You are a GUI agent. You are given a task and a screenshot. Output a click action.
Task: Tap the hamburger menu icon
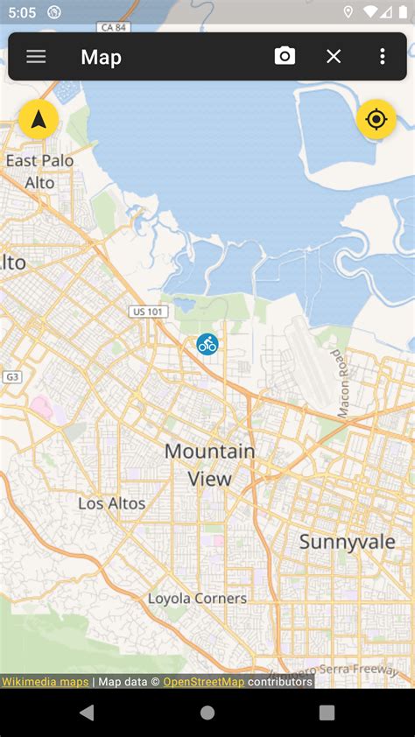(x=36, y=57)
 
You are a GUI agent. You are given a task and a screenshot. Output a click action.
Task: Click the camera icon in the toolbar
(x=285, y=57)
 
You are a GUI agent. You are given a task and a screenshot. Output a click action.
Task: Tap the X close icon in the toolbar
(x=334, y=57)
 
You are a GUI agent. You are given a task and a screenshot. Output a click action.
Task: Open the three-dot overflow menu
(x=383, y=57)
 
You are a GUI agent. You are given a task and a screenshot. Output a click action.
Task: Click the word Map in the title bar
(x=101, y=57)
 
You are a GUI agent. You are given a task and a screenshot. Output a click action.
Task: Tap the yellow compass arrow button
(x=39, y=120)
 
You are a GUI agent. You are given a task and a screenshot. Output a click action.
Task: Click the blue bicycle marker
(x=207, y=344)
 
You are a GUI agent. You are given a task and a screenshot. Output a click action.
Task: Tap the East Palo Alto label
(x=39, y=172)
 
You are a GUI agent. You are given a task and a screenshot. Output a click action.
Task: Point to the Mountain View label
(x=210, y=465)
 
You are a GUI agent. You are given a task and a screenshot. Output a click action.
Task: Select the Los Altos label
(x=112, y=503)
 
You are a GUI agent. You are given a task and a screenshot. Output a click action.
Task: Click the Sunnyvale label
(x=348, y=542)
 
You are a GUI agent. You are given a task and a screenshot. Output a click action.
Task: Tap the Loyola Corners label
(x=197, y=599)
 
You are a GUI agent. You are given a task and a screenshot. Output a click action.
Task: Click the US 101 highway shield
(x=148, y=312)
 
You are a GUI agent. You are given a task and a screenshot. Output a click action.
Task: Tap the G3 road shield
(x=11, y=377)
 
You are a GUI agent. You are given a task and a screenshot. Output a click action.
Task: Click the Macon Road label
(x=342, y=383)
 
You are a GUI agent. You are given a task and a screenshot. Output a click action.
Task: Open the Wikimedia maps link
(x=45, y=681)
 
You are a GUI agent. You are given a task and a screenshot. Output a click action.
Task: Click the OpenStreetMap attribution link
(x=204, y=681)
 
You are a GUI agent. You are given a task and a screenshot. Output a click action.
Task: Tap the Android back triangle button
(x=87, y=712)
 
